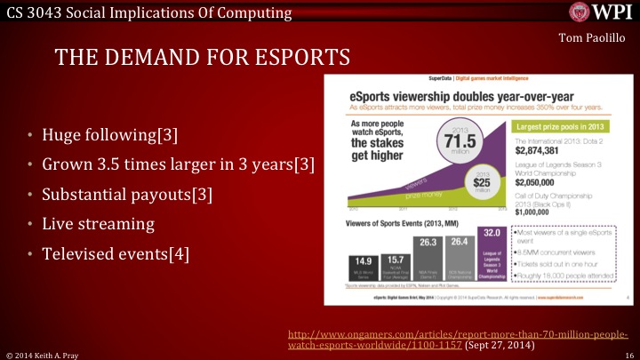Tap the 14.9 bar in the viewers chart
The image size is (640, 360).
pos(360,263)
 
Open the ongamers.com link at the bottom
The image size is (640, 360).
pos(459,340)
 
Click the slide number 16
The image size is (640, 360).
pos(627,354)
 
